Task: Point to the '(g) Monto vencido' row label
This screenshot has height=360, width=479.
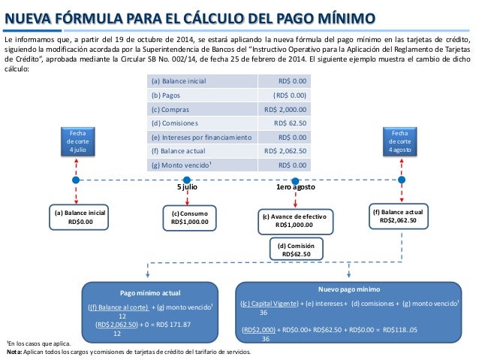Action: [x=181, y=166]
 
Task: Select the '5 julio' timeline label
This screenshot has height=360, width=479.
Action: [x=187, y=187]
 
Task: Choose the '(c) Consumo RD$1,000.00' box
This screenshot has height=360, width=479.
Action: [x=190, y=218]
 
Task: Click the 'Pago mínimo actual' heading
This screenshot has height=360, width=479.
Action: [x=149, y=292]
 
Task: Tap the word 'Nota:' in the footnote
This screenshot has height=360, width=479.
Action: [x=14, y=352]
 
